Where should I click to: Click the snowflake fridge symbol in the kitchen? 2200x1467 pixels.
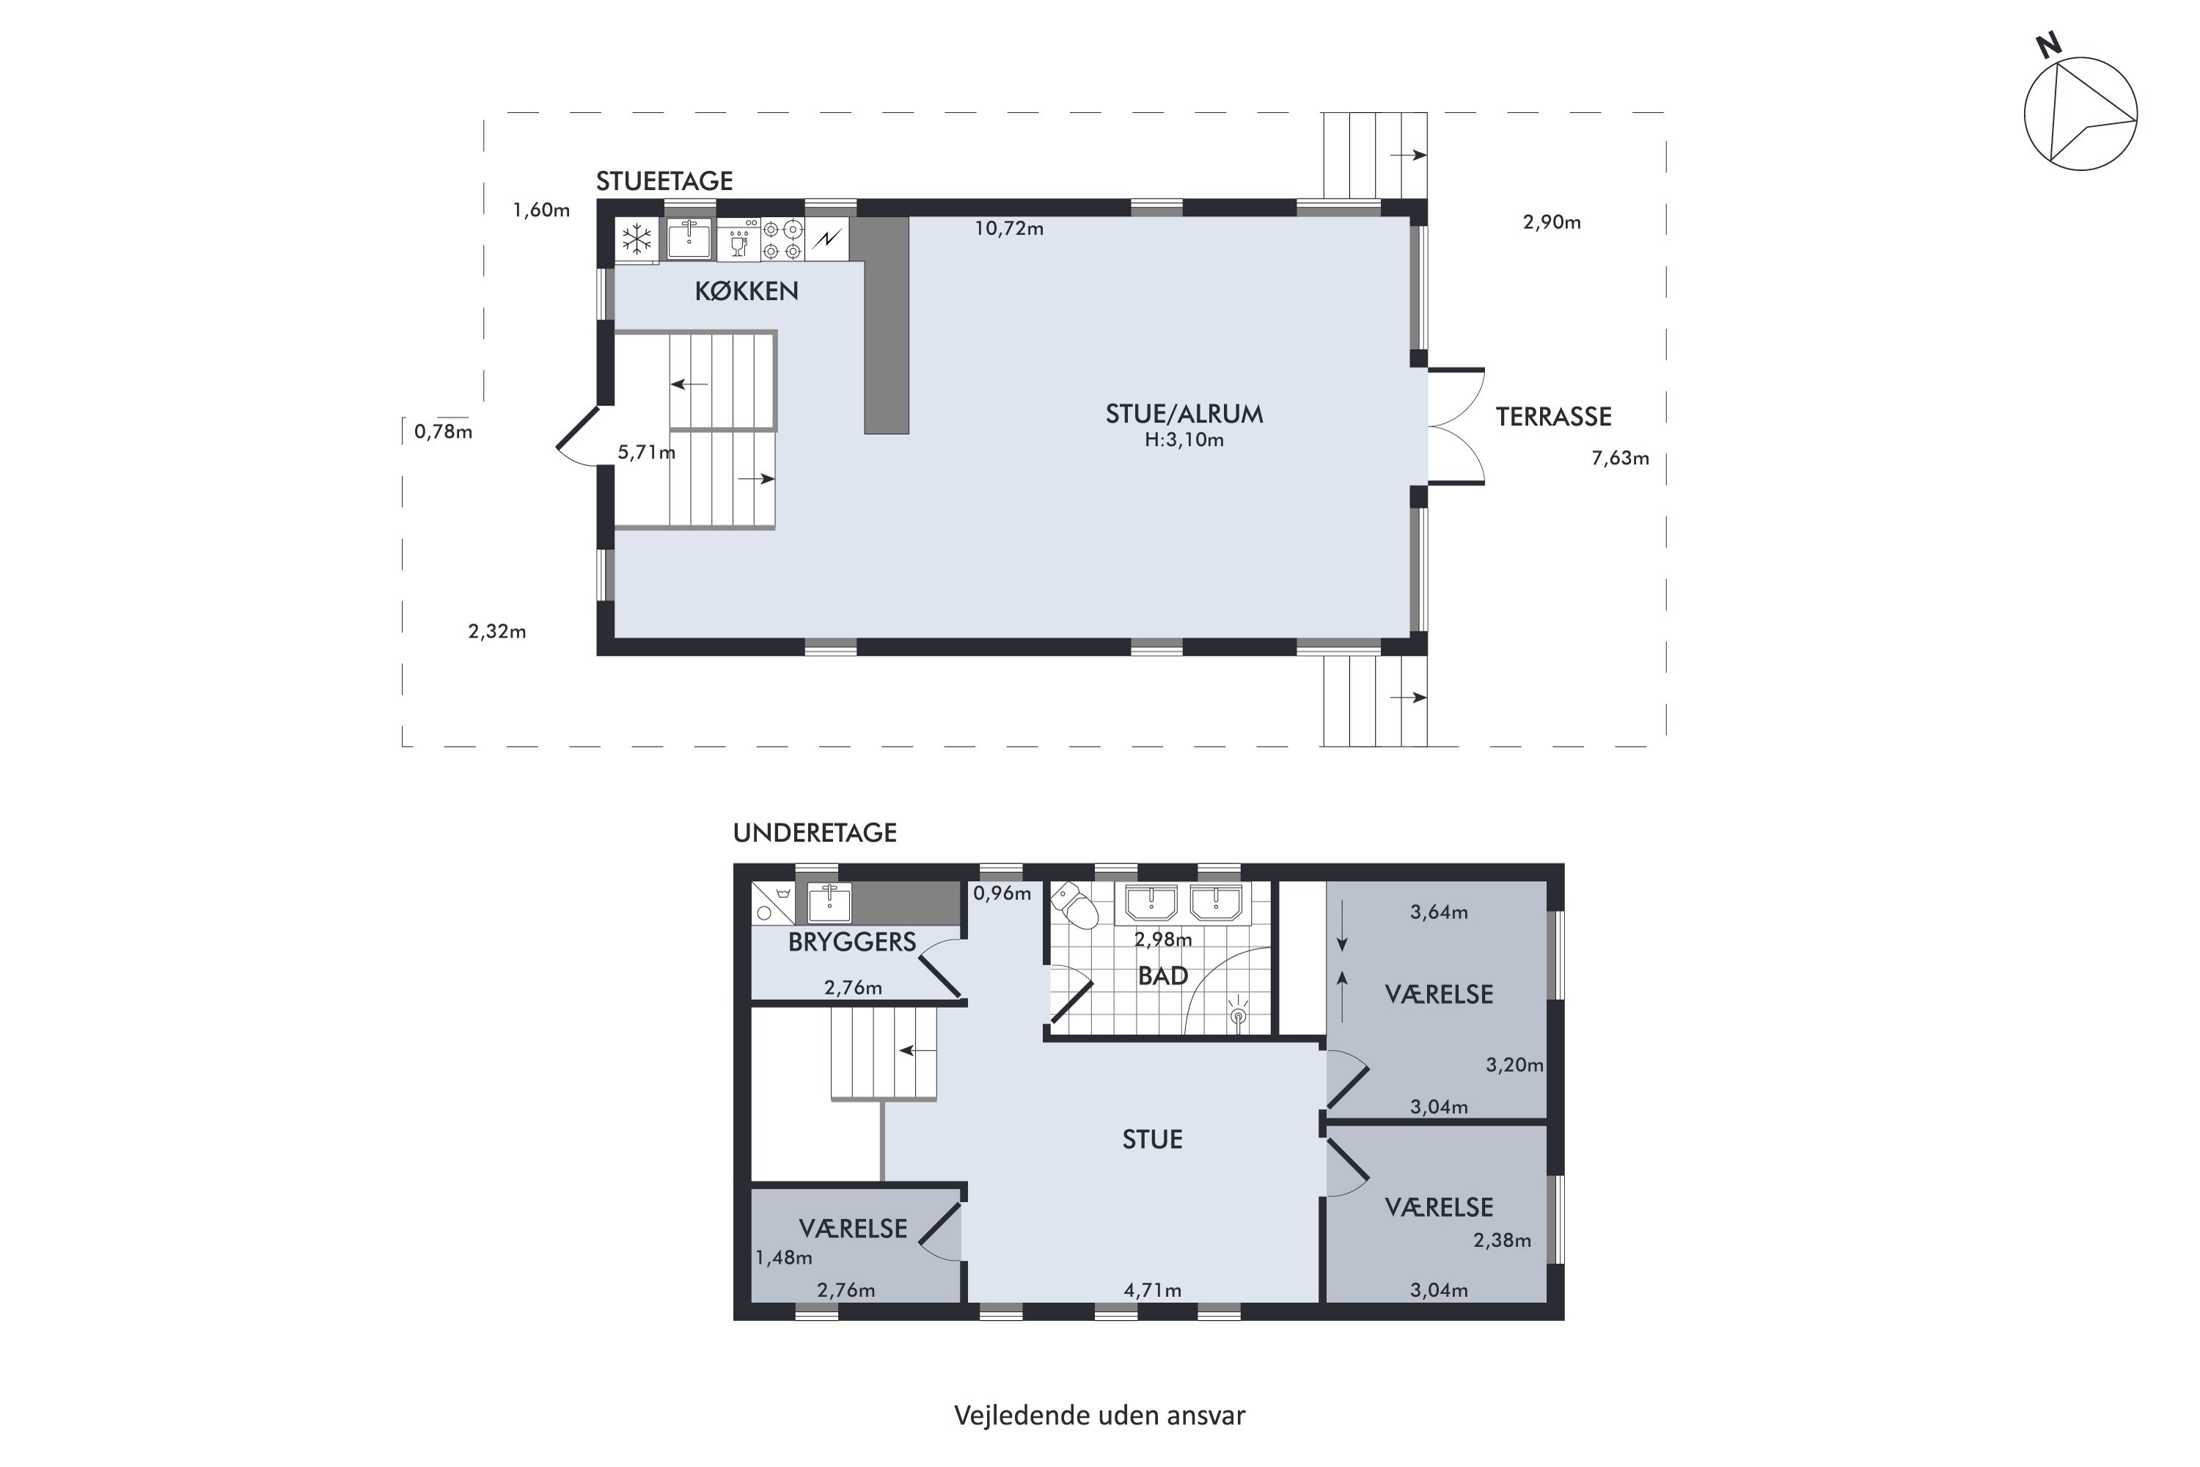637,240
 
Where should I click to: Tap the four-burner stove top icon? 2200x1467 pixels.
782,240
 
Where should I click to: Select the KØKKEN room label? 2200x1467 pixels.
747,291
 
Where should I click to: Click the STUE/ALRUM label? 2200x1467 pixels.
1184,414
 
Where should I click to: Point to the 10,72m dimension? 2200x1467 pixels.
1009,228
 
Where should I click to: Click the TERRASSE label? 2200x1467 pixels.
1554,417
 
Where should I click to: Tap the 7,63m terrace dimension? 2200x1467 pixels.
1620,458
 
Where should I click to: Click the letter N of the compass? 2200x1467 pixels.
2048,45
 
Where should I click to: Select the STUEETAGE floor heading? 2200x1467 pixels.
664,180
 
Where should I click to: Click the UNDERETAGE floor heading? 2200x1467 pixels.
815,833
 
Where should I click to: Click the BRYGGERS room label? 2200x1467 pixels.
852,942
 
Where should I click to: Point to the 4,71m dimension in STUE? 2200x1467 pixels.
1152,1291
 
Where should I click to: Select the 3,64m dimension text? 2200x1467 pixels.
1439,912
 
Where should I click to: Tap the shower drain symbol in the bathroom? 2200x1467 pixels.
1239,1015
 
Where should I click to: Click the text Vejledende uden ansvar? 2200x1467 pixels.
1100,1416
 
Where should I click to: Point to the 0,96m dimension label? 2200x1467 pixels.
1002,893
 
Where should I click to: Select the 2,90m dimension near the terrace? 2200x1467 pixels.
1552,223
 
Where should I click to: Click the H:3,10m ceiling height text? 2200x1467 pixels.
1184,439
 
